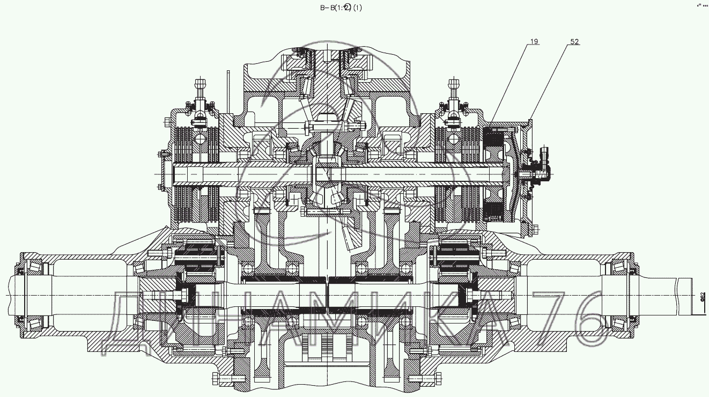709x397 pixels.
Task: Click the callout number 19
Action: [535, 41]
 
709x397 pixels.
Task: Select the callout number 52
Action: [574, 41]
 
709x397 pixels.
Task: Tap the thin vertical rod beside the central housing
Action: [228, 91]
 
